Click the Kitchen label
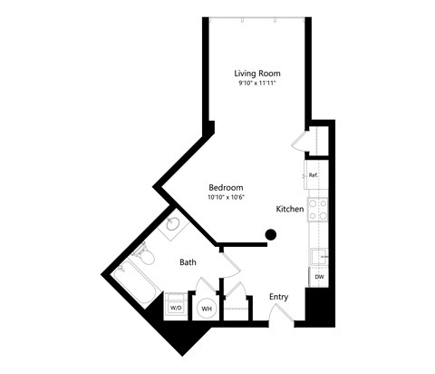tap(289, 209)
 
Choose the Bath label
tap(188, 262)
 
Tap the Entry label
tap(279, 297)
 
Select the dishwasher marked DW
tap(318, 276)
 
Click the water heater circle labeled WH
tap(206, 309)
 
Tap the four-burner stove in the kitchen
tap(318, 211)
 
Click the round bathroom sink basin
tap(173, 228)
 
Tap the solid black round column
tap(270, 236)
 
